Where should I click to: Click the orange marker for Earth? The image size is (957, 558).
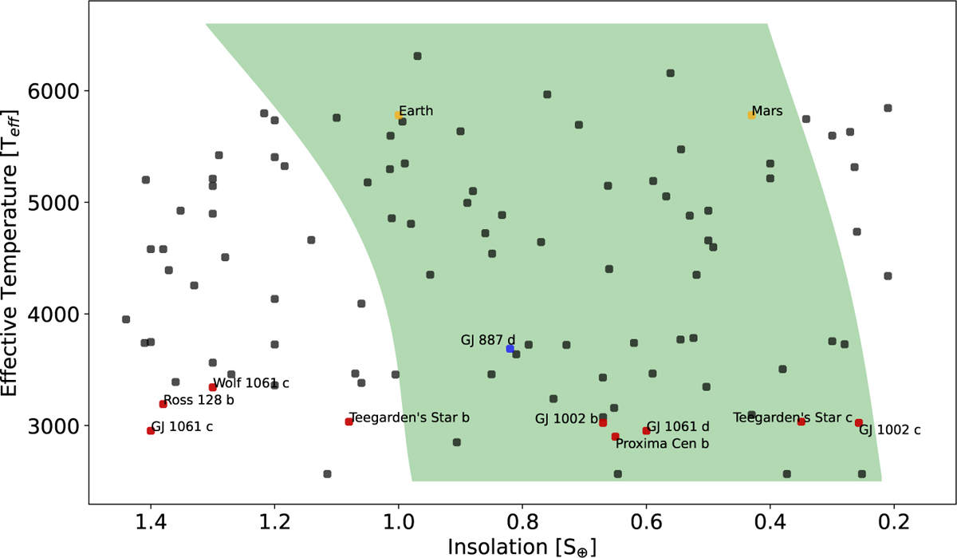[398, 115]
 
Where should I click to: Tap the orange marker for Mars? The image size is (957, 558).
[751, 115]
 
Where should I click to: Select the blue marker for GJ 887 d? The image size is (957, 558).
[510, 349]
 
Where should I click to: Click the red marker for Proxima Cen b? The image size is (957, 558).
[615, 437]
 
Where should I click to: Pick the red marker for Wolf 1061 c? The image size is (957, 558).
[212, 387]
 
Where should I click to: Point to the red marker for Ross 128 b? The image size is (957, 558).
[163, 404]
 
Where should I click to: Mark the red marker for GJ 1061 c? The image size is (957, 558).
[150, 431]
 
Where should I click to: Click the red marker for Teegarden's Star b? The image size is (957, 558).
[349, 421]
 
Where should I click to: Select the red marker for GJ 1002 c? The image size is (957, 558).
[859, 423]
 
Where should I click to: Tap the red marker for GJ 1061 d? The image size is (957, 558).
[646, 431]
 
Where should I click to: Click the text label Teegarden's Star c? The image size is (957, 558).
[793, 418]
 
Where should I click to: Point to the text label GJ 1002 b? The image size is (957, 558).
[566, 418]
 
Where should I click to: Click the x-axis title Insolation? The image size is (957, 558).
[522, 546]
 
